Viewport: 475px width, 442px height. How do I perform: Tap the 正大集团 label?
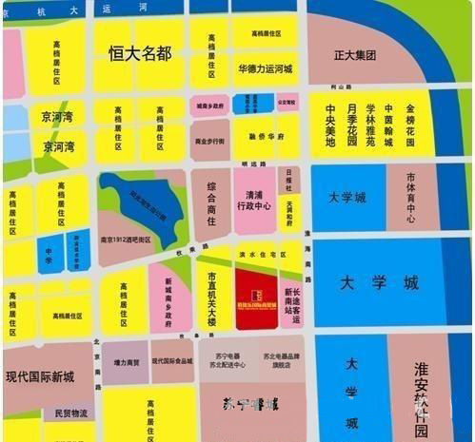(357, 56)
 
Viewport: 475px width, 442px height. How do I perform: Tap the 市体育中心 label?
(410, 198)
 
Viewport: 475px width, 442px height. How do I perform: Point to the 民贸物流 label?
(70, 413)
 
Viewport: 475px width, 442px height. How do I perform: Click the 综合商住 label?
(211, 201)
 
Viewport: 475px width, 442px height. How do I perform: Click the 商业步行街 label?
(209, 140)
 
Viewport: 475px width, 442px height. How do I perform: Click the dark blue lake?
(143, 204)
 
